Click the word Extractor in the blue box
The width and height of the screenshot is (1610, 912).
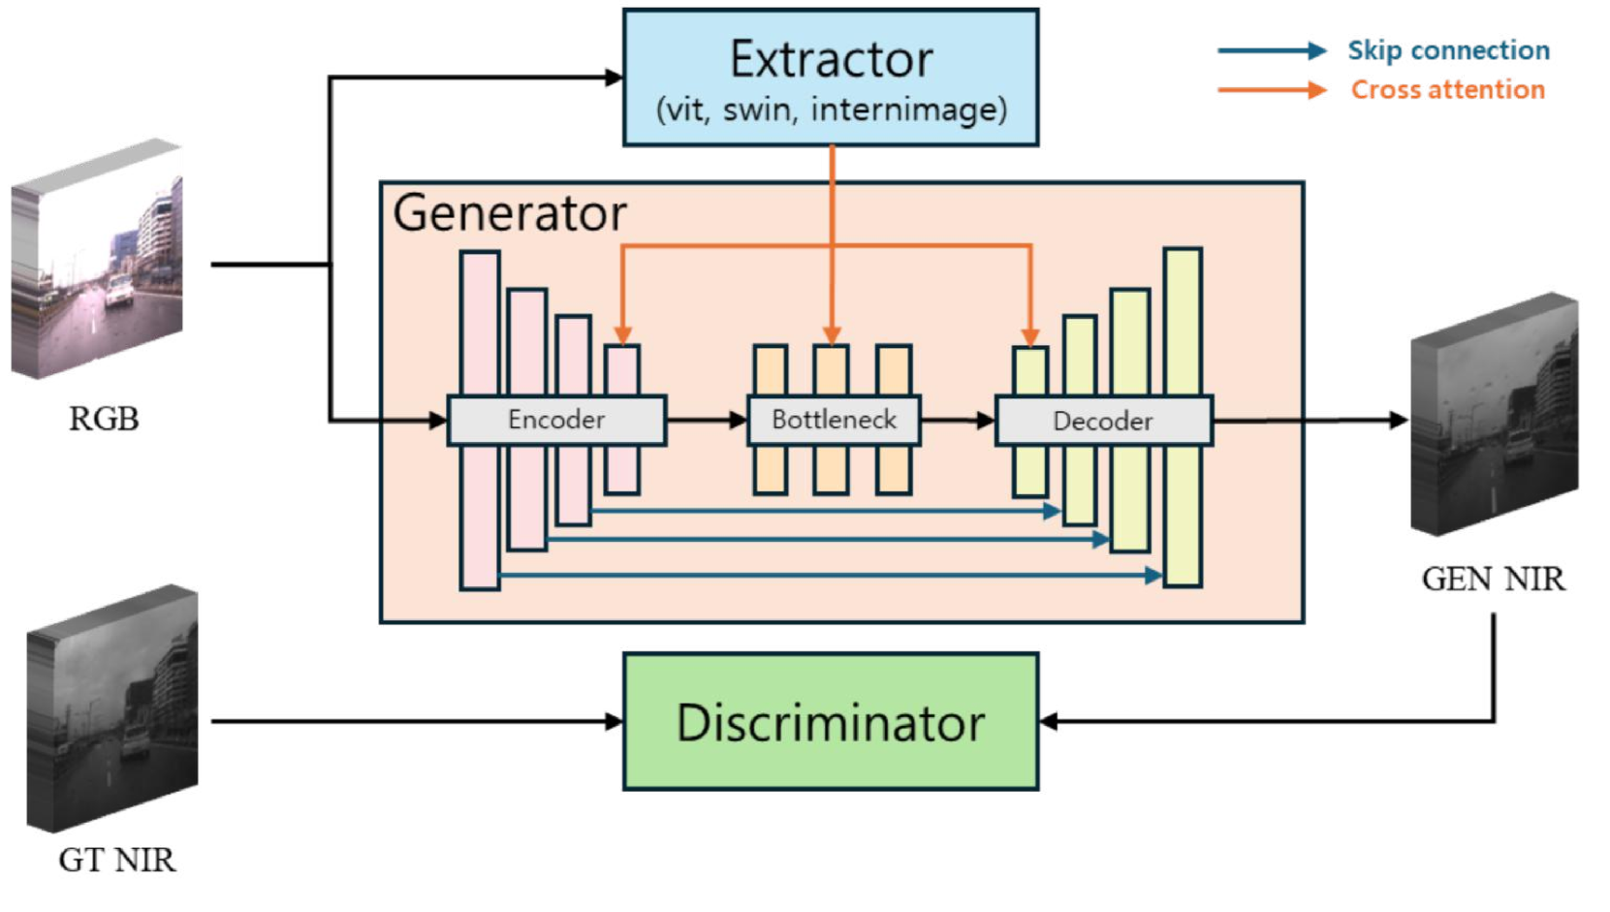(831, 60)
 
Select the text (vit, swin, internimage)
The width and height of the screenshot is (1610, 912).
(831, 110)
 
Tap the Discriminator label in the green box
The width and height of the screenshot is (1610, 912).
(831, 723)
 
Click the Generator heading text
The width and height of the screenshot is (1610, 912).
(510, 213)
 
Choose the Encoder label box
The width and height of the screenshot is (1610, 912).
(556, 421)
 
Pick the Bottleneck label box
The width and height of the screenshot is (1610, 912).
(834, 421)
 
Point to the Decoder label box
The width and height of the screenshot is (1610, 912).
(1103, 422)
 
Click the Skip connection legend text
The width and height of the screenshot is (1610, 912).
(1448, 50)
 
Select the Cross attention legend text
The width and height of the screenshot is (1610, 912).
(1447, 90)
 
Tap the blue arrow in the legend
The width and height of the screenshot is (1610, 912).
(1272, 50)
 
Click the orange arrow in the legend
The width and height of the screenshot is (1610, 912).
(1272, 90)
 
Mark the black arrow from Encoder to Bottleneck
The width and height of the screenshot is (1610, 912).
(706, 421)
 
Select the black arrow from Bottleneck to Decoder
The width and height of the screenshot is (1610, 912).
(957, 421)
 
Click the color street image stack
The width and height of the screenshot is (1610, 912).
(98, 259)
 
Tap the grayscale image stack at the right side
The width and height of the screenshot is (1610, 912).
(1494, 415)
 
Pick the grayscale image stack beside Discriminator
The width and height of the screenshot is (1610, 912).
(113, 709)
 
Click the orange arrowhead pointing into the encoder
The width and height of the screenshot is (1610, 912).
(623, 335)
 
